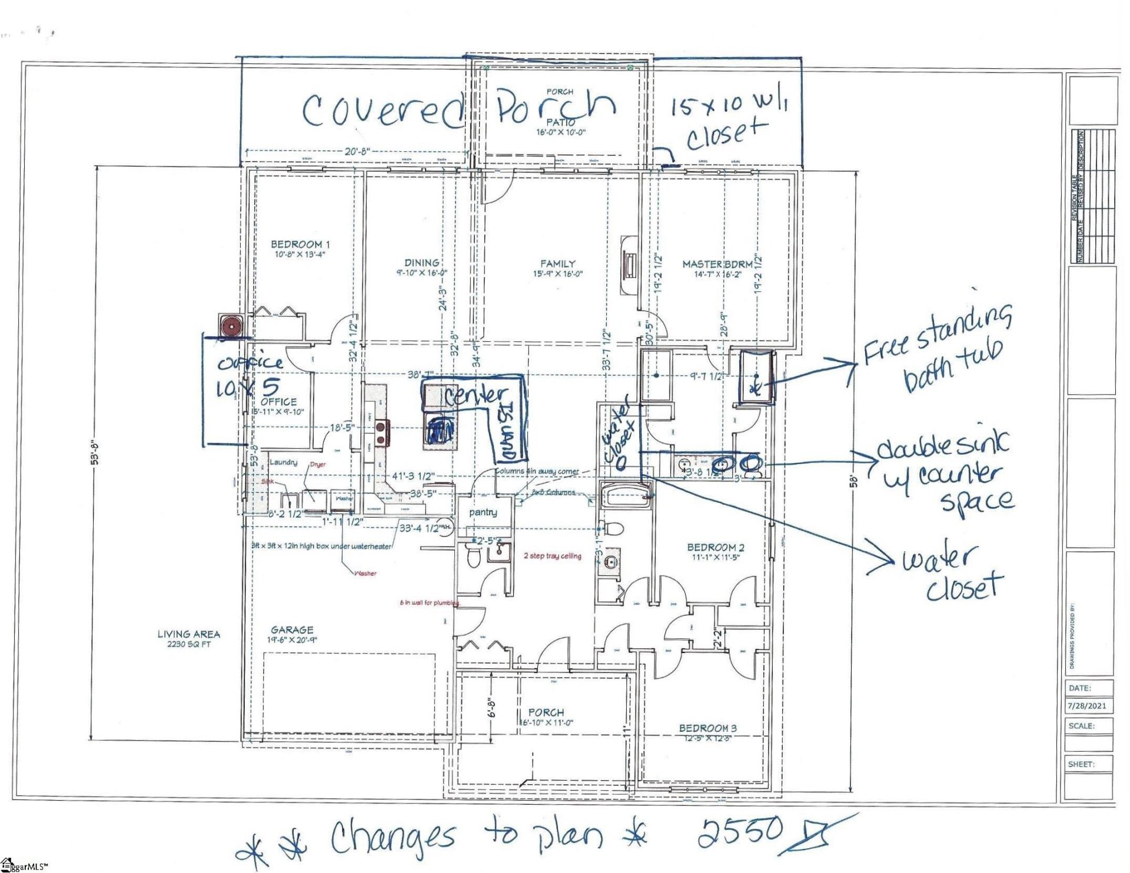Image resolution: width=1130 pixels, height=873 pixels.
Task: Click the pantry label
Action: tap(483, 512)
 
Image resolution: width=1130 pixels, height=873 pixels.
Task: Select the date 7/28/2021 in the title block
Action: tap(1087, 706)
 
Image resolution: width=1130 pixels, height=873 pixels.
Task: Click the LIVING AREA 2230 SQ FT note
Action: tap(189, 638)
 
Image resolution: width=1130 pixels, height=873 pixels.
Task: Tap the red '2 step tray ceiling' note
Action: tap(552, 556)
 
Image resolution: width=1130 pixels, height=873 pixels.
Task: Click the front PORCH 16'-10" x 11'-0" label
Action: tap(546, 717)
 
